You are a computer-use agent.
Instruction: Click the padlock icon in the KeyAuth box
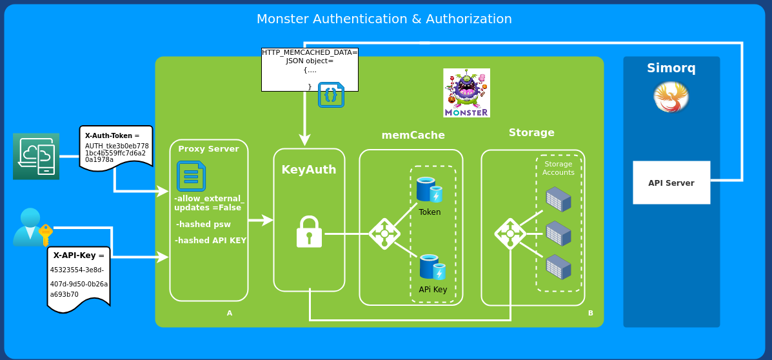point(309,232)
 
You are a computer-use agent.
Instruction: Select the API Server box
point(671,183)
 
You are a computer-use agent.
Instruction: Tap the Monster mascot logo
point(466,93)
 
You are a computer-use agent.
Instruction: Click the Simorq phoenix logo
point(671,97)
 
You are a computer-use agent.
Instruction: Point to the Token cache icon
point(429,190)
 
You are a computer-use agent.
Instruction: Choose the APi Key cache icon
point(432,267)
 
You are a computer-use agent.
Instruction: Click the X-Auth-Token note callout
point(116,148)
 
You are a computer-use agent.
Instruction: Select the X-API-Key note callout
point(79,277)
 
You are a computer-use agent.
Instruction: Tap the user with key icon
point(32,227)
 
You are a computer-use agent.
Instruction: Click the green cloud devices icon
point(36,156)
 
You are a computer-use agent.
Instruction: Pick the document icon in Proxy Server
point(191,176)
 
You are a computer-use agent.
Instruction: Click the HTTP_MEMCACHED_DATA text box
point(310,69)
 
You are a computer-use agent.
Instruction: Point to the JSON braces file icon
point(331,95)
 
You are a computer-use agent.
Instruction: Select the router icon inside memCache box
point(384,234)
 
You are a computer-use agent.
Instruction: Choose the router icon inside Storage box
point(510,234)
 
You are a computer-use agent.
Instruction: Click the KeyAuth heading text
point(309,170)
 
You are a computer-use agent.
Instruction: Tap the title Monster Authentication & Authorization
point(384,19)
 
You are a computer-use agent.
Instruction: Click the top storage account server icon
point(559,199)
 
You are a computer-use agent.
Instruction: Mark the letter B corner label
point(590,313)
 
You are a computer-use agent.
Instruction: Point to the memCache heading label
point(413,135)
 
